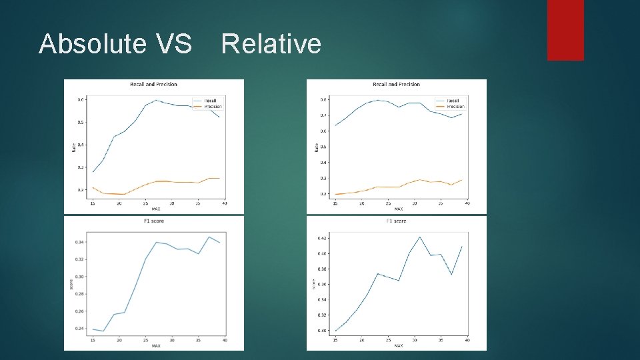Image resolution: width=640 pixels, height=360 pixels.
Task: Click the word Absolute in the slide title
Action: click(92, 44)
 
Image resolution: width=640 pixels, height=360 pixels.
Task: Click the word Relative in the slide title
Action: click(271, 44)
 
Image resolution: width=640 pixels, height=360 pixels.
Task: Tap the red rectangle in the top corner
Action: click(565, 29)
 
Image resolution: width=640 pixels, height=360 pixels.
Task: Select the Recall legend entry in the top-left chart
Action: click(209, 101)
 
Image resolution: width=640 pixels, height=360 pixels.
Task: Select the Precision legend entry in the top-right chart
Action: click(455, 107)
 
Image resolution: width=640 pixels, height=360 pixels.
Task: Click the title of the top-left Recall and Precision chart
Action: click(153, 85)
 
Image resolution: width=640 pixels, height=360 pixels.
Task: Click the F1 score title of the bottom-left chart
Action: click(153, 221)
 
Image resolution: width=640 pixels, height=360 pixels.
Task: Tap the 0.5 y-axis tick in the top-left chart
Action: click(80, 122)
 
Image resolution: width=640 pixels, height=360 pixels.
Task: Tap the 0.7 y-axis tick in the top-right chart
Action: click(323, 115)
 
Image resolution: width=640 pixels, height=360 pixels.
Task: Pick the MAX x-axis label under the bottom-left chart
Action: click(155, 345)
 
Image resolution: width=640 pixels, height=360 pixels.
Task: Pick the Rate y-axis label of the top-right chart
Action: click(315, 147)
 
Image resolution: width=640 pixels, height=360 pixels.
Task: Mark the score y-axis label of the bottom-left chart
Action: click(72, 284)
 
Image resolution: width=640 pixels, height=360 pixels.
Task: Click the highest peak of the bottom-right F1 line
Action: click(420, 237)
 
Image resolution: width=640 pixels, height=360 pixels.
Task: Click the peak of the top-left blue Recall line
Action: click(156, 101)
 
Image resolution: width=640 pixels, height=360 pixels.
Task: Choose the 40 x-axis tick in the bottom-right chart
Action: click(467, 340)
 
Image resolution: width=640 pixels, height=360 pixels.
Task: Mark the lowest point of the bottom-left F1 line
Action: click(103, 331)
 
